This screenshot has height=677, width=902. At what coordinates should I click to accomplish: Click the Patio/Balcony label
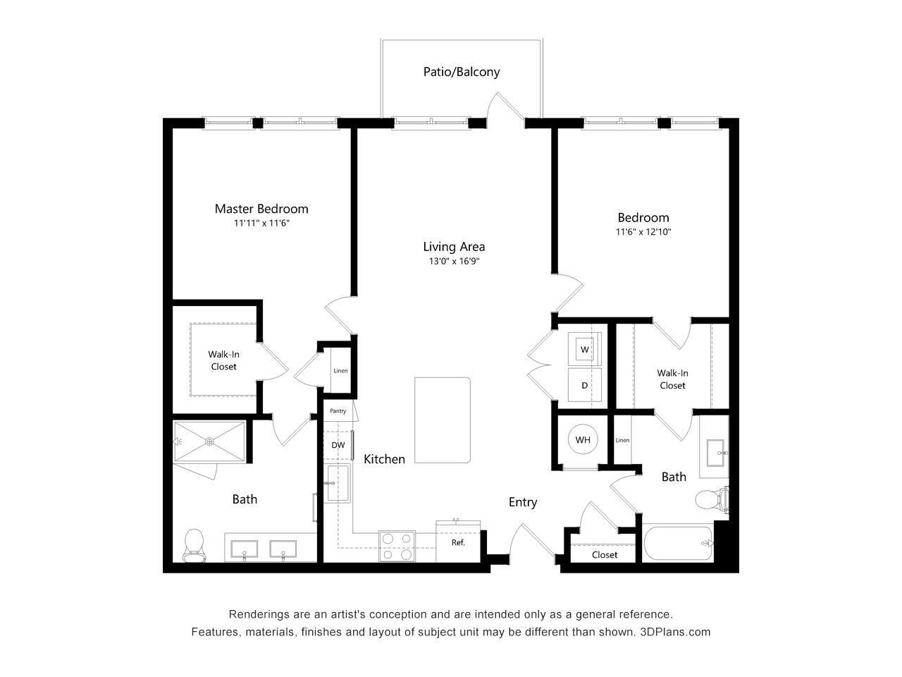[x=462, y=72]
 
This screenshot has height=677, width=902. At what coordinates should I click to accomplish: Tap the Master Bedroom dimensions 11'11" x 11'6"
[x=262, y=224]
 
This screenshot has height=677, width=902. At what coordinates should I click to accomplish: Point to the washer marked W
[x=584, y=348]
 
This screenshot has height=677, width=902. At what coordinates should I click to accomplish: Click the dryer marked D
[x=584, y=385]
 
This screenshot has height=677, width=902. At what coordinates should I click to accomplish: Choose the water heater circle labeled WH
[x=583, y=440]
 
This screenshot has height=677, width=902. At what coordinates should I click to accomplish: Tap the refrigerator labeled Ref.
[x=458, y=542]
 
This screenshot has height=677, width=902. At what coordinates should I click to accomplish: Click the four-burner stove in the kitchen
[x=396, y=546]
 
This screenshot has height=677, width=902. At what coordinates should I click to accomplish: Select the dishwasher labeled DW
[x=338, y=445]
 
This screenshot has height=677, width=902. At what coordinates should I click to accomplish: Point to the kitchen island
[x=443, y=420]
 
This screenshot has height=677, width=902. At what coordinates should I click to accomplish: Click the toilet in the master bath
[x=194, y=545]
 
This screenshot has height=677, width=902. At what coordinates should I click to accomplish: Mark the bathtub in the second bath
[x=678, y=543]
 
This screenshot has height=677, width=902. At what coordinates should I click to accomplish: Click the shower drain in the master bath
[x=209, y=442]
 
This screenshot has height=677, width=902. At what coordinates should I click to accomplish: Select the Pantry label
[x=338, y=411]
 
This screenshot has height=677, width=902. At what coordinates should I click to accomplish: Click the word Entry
[x=523, y=502]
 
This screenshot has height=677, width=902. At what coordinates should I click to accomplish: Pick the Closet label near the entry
[x=605, y=555]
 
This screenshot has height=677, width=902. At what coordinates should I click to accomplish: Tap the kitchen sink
[x=338, y=483]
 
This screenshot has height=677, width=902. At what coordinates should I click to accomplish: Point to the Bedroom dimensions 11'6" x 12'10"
[x=643, y=232]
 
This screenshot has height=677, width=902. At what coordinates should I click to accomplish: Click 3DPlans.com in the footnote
[x=675, y=632]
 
